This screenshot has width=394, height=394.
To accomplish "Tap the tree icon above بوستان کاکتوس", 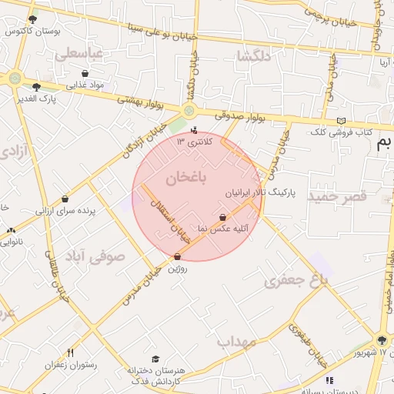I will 32,19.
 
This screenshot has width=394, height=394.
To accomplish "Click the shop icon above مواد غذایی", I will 85,74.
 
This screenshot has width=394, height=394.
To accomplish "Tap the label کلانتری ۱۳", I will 192,141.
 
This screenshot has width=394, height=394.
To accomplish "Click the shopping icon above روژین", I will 178,257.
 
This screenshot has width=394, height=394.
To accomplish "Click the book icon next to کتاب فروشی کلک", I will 341,121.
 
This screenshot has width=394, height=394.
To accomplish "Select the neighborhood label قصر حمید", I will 338,198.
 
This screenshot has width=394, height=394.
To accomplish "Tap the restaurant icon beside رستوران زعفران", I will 70,352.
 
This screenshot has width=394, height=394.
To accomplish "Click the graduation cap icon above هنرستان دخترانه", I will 156,359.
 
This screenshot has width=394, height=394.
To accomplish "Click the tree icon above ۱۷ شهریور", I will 382,340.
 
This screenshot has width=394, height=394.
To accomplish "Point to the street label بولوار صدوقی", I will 239,115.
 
